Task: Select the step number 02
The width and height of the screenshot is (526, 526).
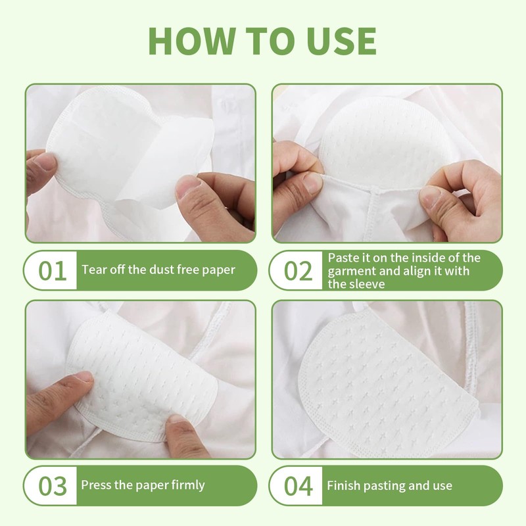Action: point(297,270)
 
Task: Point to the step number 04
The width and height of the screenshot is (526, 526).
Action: point(297,487)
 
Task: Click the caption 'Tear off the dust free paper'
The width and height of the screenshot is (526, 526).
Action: point(158,270)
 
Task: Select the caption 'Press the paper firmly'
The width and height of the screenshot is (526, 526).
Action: point(143,485)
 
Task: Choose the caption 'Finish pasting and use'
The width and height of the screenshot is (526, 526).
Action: point(389,486)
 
